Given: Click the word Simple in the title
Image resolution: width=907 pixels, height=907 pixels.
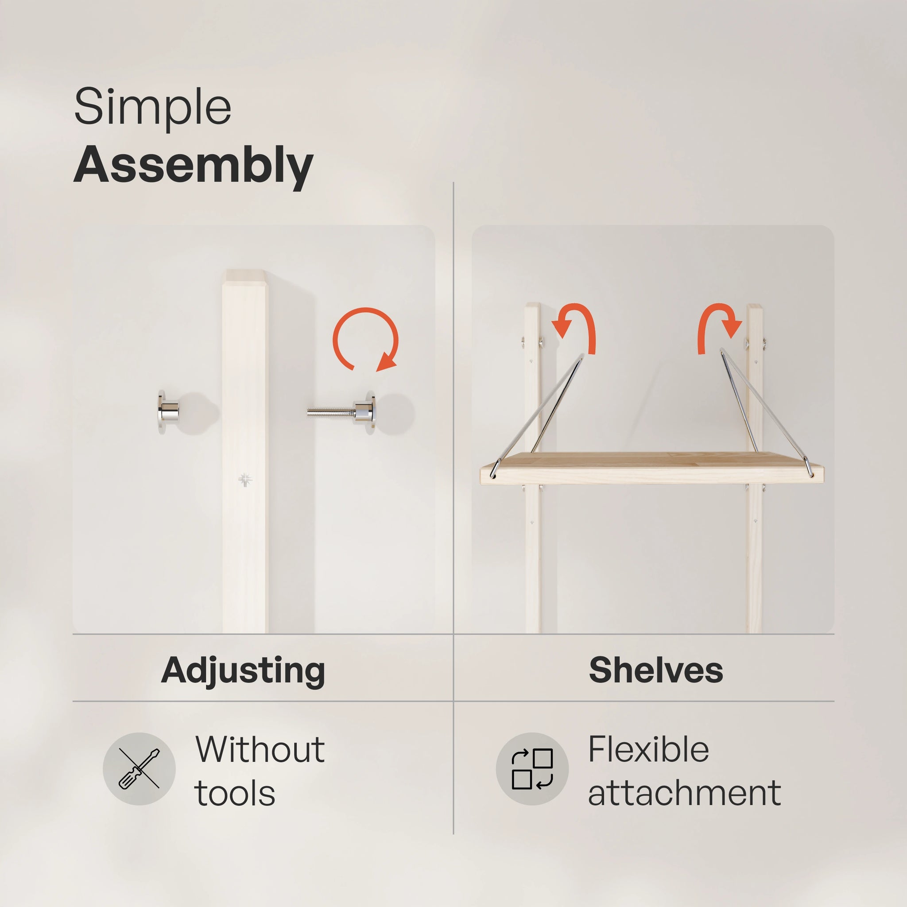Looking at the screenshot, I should coord(153,107).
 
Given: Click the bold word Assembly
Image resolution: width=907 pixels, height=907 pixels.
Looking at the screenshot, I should coord(193,165).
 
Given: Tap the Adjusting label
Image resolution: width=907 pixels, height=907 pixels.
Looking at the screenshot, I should coord(243,670).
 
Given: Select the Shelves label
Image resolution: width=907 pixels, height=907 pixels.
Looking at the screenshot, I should coord(656,670).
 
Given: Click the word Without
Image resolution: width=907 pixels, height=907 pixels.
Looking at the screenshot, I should coord(260,750).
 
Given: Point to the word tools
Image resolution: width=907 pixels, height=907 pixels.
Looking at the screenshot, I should coord(235,794).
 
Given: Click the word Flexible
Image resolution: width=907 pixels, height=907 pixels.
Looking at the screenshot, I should coord(648,750).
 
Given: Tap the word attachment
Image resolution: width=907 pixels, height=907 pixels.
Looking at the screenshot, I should coord(684,794).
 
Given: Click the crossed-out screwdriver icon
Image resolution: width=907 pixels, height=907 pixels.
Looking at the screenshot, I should coord(139,769).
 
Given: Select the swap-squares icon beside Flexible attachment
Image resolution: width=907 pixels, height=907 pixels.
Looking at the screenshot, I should coord(532,769).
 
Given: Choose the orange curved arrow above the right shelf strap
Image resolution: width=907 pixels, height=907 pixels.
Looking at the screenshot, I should coord(719,325).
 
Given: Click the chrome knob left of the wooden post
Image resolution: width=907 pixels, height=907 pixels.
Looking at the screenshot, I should coord(168,412).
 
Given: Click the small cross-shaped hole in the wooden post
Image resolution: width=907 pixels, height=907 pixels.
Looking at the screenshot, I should coord(244,479).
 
